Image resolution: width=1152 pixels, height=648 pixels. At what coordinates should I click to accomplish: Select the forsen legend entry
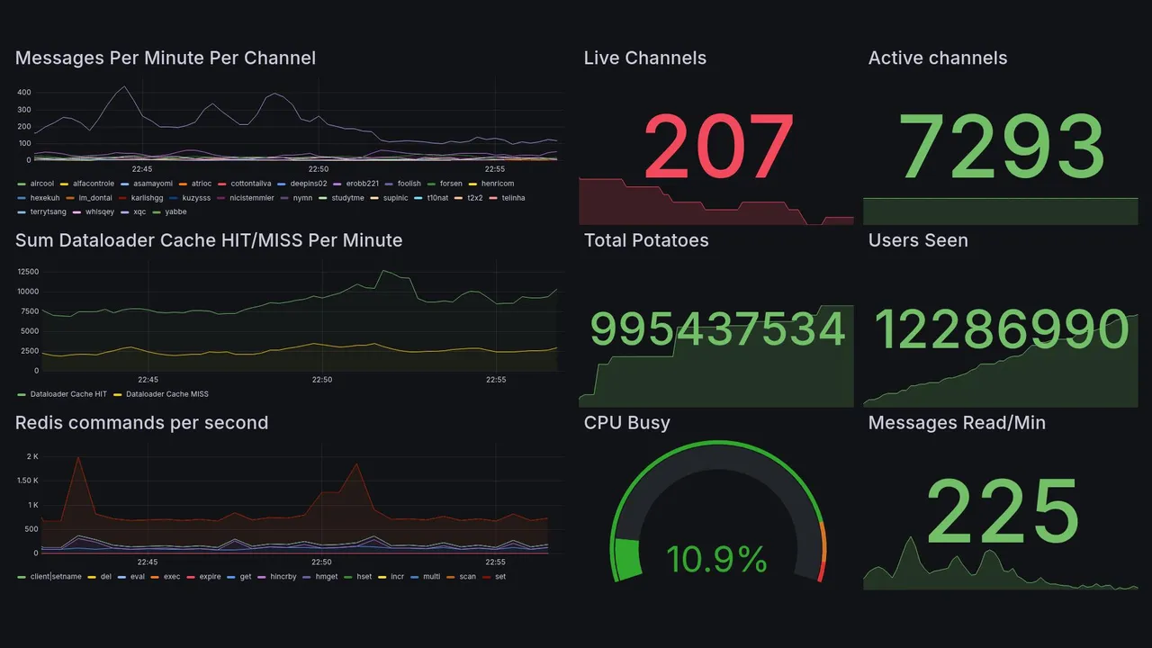[x=450, y=184]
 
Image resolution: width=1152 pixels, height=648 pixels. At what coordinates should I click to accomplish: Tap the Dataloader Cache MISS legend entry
[x=166, y=394]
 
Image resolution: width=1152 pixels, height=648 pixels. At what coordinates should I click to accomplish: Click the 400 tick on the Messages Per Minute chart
[x=24, y=93]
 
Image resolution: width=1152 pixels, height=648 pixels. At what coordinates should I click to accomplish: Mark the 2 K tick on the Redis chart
[x=31, y=457]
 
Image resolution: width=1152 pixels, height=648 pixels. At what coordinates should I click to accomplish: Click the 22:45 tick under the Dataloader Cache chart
[x=148, y=380]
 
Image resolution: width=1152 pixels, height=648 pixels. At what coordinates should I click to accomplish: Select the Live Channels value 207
[x=718, y=146]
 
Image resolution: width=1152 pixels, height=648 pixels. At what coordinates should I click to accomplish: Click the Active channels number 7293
[x=1002, y=146]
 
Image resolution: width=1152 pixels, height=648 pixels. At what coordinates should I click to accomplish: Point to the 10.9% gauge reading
[x=716, y=560]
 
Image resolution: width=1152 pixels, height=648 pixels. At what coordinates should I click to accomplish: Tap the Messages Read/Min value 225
[x=1002, y=511]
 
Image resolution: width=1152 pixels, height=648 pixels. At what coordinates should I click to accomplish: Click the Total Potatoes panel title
[x=645, y=240]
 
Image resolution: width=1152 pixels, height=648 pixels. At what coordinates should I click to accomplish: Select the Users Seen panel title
[x=917, y=240]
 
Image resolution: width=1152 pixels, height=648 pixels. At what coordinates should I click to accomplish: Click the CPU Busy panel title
[x=626, y=423]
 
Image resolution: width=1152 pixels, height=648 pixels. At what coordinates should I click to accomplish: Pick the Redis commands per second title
[x=141, y=423]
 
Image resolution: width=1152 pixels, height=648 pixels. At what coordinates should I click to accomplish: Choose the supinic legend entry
[x=395, y=198]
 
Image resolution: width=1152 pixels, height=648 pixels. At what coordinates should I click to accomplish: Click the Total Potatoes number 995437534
[x=717, y=329]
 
